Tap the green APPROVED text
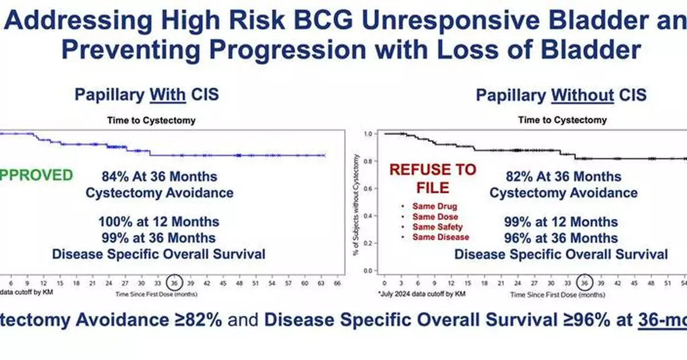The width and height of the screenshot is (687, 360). tap(37, 175)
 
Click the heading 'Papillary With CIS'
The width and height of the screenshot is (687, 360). tap(147, 94)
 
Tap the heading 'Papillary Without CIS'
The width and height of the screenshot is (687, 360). tap(561, 94)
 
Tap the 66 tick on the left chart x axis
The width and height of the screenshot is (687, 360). tap(337, 283)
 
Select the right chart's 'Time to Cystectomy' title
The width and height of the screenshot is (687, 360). tap(562, 120)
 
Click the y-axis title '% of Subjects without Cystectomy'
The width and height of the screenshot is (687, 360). tap(356, 201)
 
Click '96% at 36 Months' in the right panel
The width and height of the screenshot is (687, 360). tap(561, 238)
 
